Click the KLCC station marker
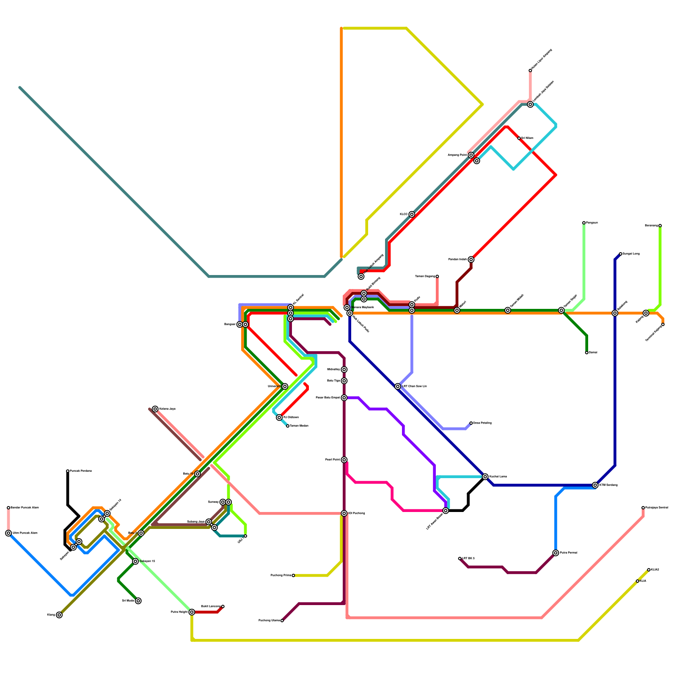pos(412,215)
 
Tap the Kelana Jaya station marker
pos(155,409)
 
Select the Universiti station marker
pos(285,386)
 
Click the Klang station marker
pos(59,615)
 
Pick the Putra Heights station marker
pos(192,612)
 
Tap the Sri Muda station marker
pos(138,601)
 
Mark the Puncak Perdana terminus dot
pos(68,471)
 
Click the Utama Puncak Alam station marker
pos(8,533)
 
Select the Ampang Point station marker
pos(471,155)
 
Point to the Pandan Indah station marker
pos(471,259)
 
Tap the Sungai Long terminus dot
pos(620,254)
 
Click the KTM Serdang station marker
pos(595,485)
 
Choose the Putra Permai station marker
pos(556,553)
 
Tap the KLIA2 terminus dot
pos(649,570)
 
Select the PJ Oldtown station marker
pos(279,418)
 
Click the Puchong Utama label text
pos(269,621)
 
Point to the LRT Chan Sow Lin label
pos(414,386)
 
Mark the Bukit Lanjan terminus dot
pos(223,606)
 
